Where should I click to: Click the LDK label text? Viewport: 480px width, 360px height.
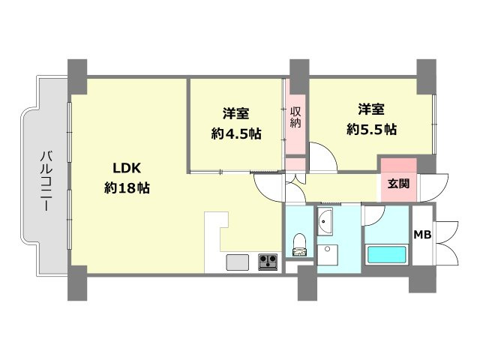pyautogui.click(x=127, y=168)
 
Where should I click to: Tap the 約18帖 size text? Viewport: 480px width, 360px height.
pyautogui.click(x=127, y=187)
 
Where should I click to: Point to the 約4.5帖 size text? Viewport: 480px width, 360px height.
pyautogui.click(x=236, y=133)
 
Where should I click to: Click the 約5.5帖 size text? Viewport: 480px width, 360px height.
pyautogui.click(x=372, y=129)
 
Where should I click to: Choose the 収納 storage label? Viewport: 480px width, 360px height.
pyautogui.click(x=295, y=117)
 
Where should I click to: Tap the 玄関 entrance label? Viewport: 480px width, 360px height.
pyautogui.click(x=398, y=184)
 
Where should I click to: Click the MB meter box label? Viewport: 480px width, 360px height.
pyautogui.click(x=422, y=235)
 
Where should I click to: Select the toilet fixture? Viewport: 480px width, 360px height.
pyautogui.click(x=299, y=245)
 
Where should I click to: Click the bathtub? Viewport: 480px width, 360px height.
pyautogui.click(x=387, y=255)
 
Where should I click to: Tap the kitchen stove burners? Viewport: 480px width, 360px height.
pyautogui.click(x=268, y=262)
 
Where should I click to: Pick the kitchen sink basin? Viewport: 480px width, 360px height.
pyautogui.click(x=238, y=262)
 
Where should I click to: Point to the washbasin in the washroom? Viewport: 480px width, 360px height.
pyautogui.click(x=325, y=222)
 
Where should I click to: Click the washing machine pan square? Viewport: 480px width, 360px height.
pyautogui.click(x=327, y=255)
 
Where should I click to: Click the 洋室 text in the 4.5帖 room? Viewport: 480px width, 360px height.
pyautogui.click(x=235, y=113)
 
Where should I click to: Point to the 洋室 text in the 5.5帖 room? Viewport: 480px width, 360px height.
pyautogui.click(x=371, y=109)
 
